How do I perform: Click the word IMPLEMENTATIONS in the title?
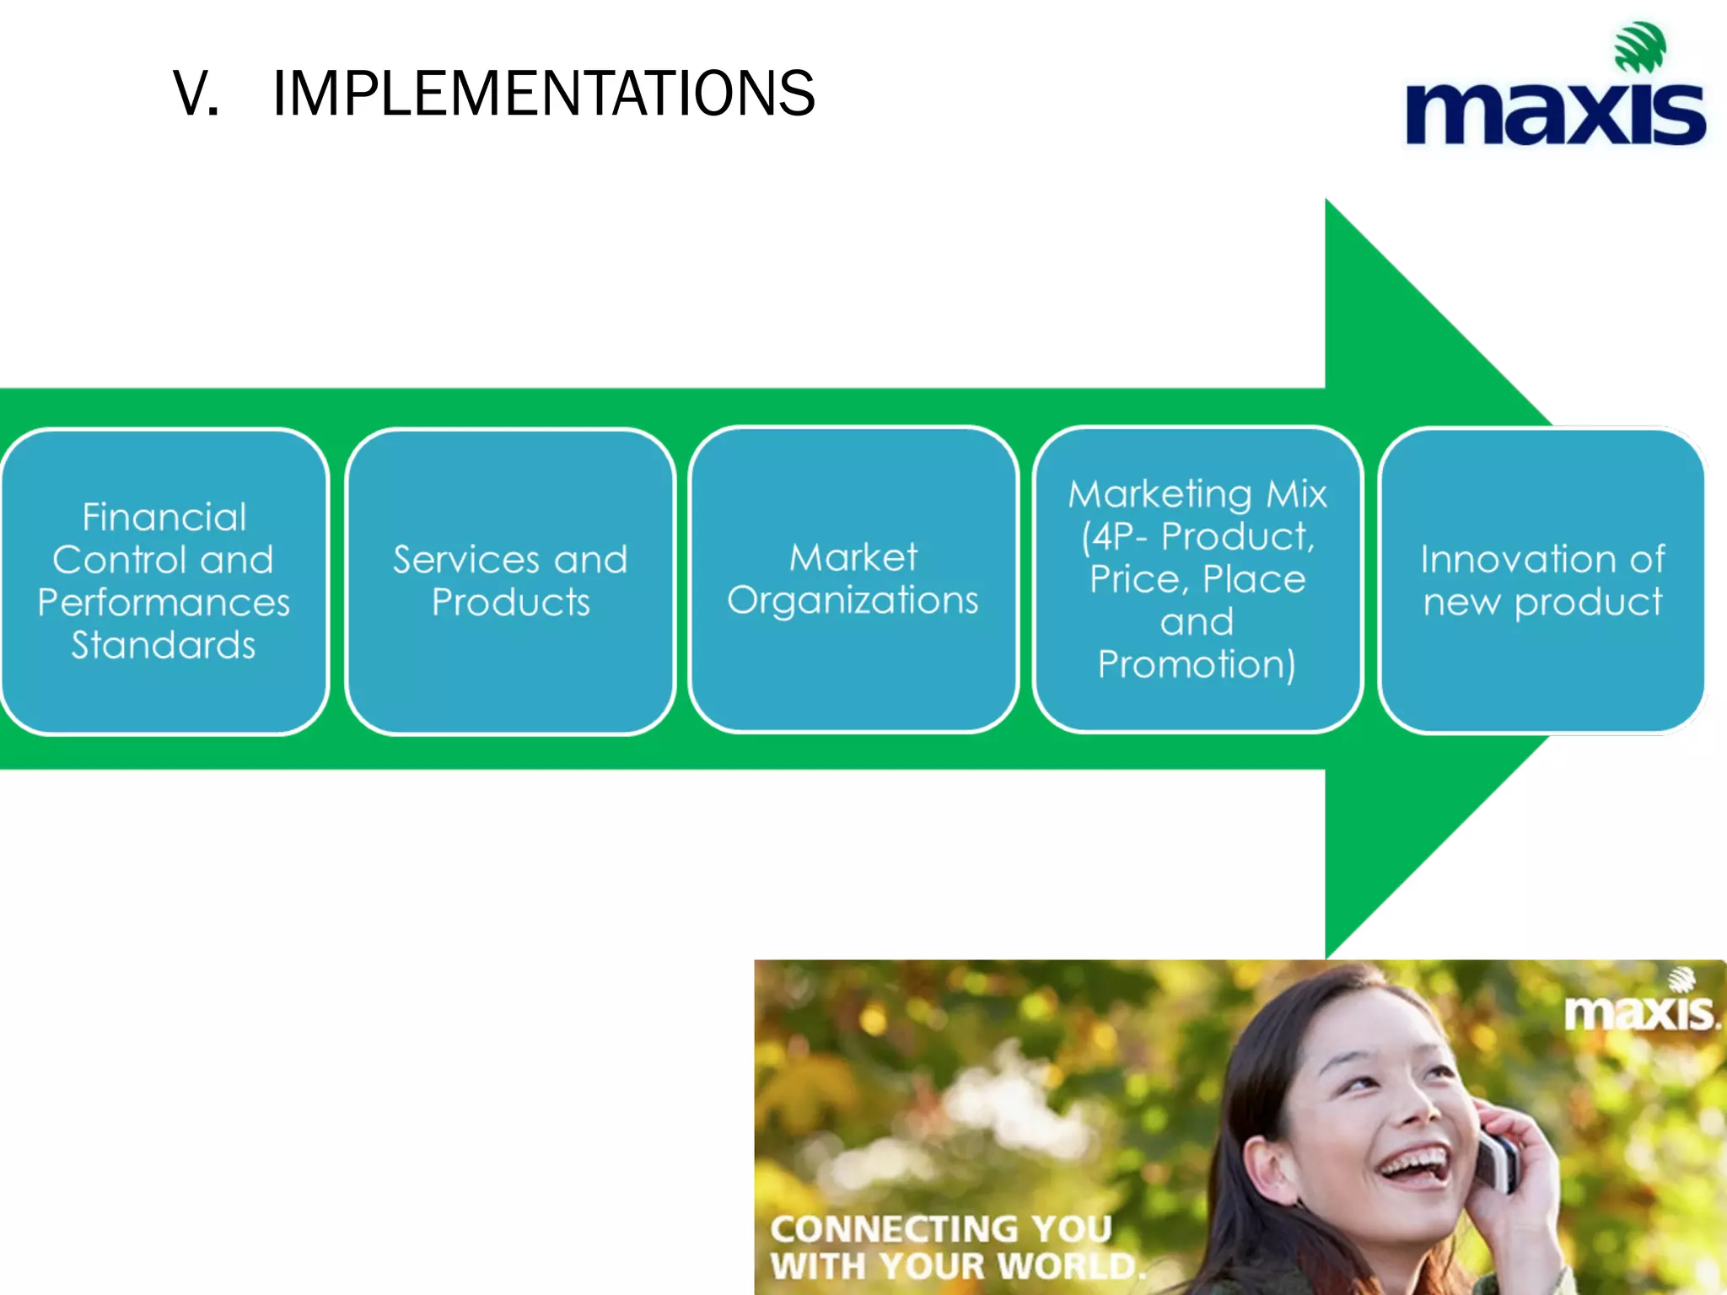tap(544, 93)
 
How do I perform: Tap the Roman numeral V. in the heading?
tap(196, 93)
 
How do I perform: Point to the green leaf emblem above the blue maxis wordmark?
tap(1639, 46)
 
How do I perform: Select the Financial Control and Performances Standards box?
tap(164, 581)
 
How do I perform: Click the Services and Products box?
tap(510, 581)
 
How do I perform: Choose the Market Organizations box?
tap(853, 579)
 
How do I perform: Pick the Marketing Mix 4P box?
tap(1197, 579)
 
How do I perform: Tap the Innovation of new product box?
tap(1542, 581)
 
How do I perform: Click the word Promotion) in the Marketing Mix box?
tap(1197, 664)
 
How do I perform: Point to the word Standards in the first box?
tap(164, 645)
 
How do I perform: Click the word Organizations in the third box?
tap(853, 601)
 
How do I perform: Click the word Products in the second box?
tap(511, 602)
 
